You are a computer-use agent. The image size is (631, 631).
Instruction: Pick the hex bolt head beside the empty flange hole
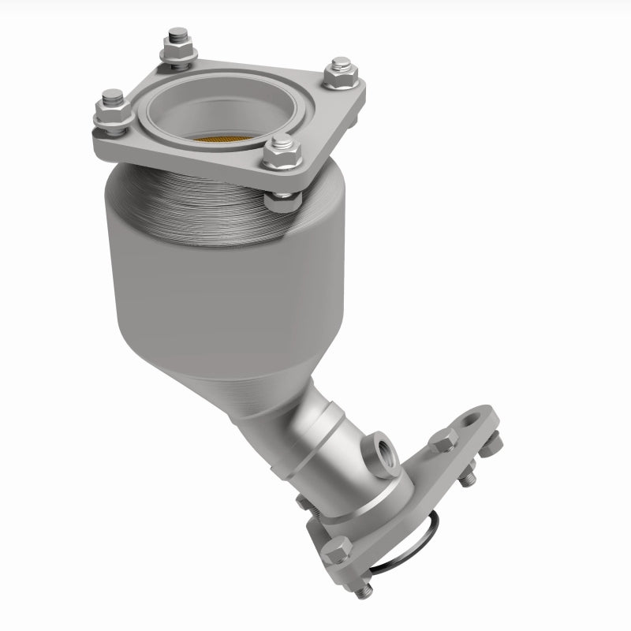[x=443, y=442]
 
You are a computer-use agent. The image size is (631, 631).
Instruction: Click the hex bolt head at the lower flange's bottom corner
[x=335, y=548]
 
